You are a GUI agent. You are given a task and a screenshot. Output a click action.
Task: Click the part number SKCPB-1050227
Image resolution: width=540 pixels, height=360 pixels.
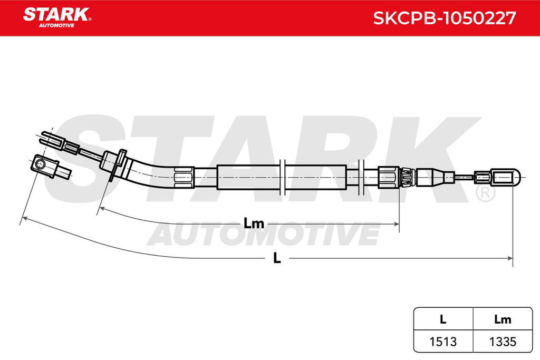[x=444, y=18]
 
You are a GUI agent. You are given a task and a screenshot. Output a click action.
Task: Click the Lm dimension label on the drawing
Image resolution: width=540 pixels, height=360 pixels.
[x=254, y=223]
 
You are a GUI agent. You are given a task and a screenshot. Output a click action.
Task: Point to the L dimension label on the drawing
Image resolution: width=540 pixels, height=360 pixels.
[x=277, y=258]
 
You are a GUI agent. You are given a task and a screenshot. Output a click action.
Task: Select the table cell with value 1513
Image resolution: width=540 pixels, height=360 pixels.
[x=443, y=342]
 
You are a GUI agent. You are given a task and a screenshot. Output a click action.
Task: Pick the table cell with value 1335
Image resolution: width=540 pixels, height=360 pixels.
[x=503, y=342]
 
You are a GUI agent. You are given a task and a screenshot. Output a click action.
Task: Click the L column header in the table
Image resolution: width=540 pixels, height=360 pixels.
[x=443, y=319]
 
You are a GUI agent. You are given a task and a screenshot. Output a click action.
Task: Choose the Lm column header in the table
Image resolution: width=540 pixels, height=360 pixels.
[x=503, y=319]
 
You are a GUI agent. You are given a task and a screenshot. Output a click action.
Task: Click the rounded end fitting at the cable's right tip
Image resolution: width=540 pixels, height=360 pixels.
[x=506, y=178]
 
